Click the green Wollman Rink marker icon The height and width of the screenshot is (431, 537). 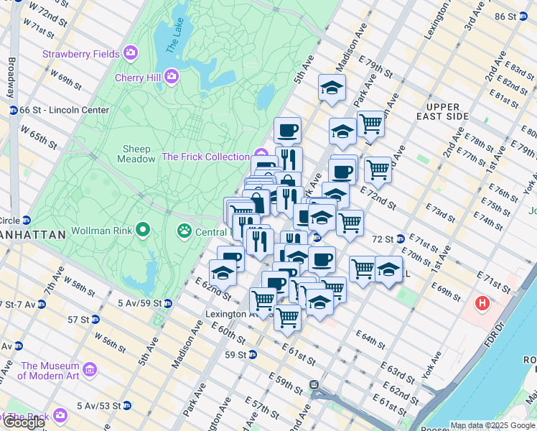point(143,231)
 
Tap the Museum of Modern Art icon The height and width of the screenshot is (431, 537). point(90,369)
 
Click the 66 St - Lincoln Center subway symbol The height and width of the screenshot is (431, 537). point(13,110)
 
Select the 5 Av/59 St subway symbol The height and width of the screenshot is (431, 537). point(167,304)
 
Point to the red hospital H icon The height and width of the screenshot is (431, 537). point(482,304)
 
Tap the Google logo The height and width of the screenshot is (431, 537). point(24,422)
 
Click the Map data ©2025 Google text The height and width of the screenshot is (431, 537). point(492,425)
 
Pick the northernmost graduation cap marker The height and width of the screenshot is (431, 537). point(332,88)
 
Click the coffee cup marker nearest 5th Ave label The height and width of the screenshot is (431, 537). point(287,130)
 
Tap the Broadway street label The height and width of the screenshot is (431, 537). point(11,78)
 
